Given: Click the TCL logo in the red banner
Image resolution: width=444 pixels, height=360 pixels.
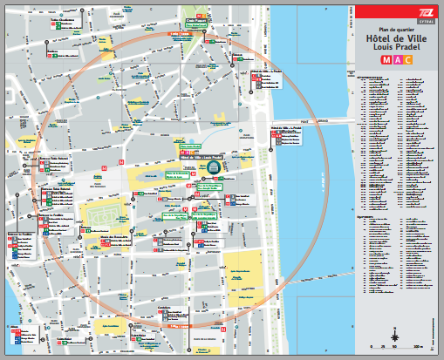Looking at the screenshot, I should coord(422,10).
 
